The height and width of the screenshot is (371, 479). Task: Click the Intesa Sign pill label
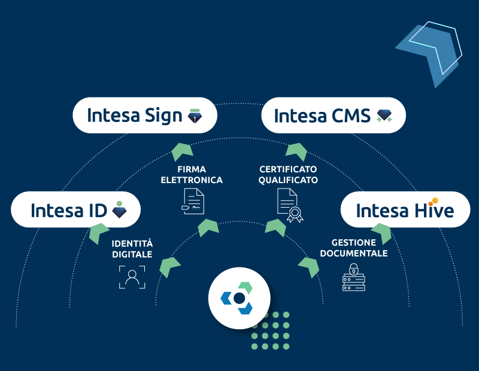(x=144, y=115)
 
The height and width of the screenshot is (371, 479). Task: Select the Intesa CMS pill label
(x=334, y=115)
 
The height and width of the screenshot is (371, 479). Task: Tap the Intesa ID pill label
(x=76, y=209)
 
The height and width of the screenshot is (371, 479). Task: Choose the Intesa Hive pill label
(x=405, y=209)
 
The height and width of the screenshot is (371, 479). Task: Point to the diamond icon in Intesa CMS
(x=384, y=115)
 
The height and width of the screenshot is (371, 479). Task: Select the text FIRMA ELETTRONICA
(x=191, y=175)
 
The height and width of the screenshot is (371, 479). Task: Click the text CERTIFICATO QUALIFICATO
(x=288, y=175)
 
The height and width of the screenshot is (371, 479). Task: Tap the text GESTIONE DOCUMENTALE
(x=353, y=248)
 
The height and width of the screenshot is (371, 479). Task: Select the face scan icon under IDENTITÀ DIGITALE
(x=132, y=277)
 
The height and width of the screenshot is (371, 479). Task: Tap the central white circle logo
(x=239, y=298)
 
